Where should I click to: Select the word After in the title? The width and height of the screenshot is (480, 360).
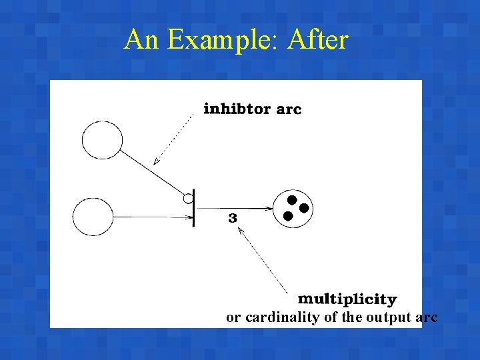(318, 40)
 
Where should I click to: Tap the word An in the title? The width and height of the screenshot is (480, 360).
(142, 40)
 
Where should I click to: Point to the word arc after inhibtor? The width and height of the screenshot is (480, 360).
(289, 109)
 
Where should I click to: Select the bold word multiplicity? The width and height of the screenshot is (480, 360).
(347, 299)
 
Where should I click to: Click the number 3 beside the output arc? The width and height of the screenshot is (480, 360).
(233, 218)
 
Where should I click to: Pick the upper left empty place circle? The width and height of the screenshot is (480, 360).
(102, 141)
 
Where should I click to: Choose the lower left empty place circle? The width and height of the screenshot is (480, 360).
(93, 217)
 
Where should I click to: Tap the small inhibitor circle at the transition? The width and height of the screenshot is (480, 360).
(189, 198)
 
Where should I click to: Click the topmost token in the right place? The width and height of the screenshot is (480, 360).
(291, 199)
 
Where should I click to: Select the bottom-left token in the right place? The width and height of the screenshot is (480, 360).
(287, 216)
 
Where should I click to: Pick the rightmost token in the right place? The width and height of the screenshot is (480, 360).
(304, 208)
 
